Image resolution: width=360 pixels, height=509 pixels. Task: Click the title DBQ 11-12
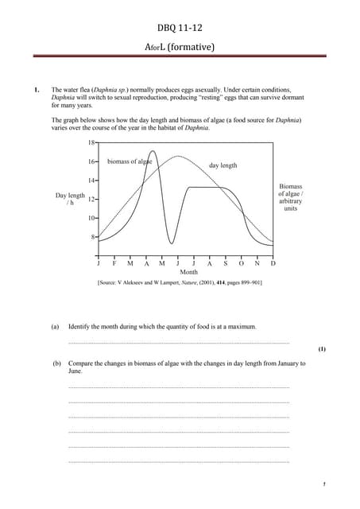(x=180, y=29)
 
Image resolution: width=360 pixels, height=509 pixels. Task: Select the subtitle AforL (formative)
(x=180, y=47)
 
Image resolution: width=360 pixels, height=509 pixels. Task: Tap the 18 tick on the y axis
(x=91, y=142)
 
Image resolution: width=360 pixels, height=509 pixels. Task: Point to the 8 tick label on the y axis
(x=92, y=237)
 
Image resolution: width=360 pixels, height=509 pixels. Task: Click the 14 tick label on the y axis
(x=91, y=181)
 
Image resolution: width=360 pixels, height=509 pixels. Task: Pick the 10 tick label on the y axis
(x=91, y=218)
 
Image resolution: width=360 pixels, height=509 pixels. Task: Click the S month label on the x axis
(x=225, y=262)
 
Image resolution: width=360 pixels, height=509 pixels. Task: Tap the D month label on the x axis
(x=273, y=262)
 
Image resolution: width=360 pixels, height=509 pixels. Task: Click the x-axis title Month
(x=188, y=272)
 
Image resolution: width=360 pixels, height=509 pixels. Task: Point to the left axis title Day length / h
(x=70, y=199)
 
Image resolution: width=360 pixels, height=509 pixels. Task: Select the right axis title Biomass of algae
(x=291, y=196)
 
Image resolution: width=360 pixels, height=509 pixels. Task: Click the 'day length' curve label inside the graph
(x=223, y=165)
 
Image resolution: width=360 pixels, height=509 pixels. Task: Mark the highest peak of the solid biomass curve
(x=153, y=151)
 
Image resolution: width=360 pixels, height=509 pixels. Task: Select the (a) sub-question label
(x=55, y=327)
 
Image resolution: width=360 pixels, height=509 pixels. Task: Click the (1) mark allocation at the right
(x=321, y=348)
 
